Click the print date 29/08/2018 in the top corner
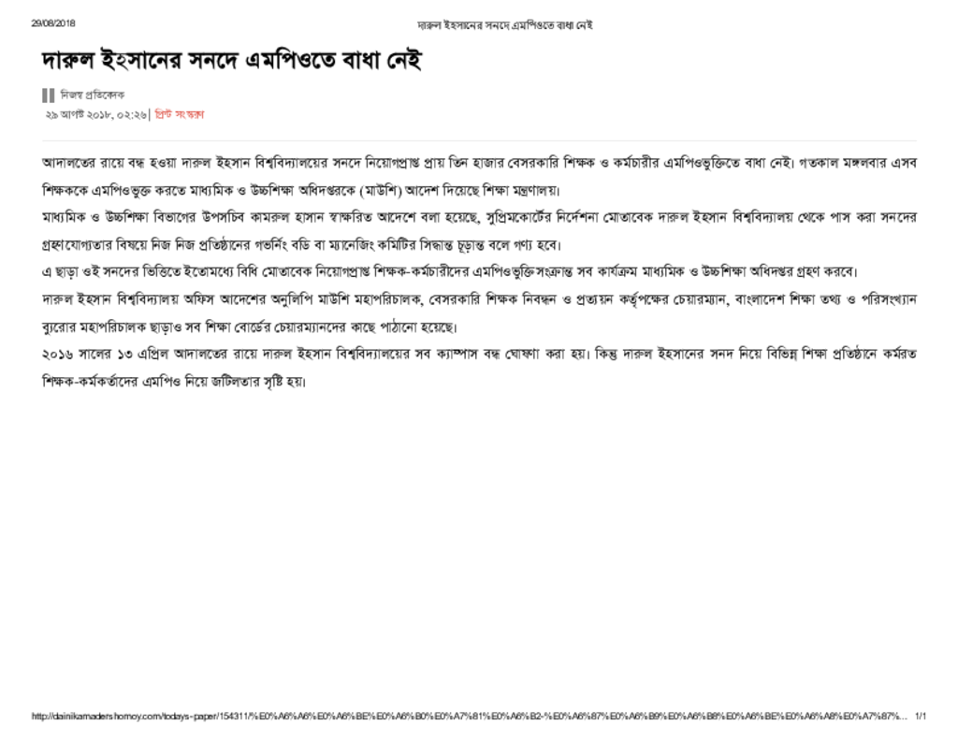pos(52,23)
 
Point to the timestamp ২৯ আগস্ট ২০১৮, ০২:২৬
pos(95,114)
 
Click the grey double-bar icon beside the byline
pos(49,95)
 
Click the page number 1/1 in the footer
pos(921,717)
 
